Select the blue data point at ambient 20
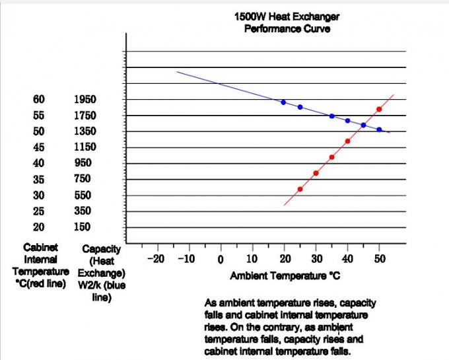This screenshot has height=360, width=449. point(283,102)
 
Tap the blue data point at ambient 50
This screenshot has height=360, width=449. point(379,129)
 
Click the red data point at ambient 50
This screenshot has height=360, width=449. point(379,109)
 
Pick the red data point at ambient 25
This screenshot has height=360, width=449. point(300,189)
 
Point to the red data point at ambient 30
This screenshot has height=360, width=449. point(316,173)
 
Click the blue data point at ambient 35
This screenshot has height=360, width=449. point(331,116)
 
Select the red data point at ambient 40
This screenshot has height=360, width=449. point(347,141)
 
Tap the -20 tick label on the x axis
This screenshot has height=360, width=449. point(156,258)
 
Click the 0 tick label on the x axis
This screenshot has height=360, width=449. point(221,259)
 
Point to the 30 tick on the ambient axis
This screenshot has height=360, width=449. point(316,258)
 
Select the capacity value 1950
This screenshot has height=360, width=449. point(85,100)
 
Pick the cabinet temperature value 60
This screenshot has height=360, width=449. point(39,100)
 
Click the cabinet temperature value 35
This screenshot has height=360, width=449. point(39,179)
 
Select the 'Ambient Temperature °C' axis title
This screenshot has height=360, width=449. point(285,275)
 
